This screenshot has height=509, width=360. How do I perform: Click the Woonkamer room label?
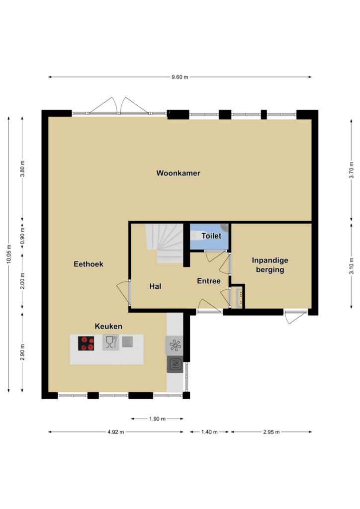click(178, 173)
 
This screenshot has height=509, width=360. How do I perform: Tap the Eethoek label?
click(89, 264)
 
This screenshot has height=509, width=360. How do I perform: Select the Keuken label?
click(108, 326)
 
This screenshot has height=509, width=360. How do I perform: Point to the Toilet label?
click(211, 236)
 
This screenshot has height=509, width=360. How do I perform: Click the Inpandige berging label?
click(270, 265)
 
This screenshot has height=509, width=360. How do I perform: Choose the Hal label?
click(155, 286)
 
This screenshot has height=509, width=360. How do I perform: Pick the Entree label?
click(209, 281)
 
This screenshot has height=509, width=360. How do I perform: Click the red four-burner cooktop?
click(86, 343)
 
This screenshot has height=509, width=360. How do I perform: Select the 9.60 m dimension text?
click(180, 77)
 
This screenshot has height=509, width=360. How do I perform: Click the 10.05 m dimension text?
click(9, 254)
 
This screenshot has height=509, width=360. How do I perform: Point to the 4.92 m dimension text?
click(116, 432)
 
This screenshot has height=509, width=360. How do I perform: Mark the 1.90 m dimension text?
click(158, 419)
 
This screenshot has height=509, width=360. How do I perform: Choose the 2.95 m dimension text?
click(271, 432)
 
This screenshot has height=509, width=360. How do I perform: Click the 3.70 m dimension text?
click(352, 170)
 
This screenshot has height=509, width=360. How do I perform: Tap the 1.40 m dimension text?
click(209, 432)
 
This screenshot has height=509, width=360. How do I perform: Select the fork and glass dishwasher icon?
click(111, 342)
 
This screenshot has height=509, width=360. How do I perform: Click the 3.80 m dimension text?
click(22, 169)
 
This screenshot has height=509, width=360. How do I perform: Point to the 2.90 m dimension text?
click(22, 352)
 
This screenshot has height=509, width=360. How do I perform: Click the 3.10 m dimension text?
click(352, 266)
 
